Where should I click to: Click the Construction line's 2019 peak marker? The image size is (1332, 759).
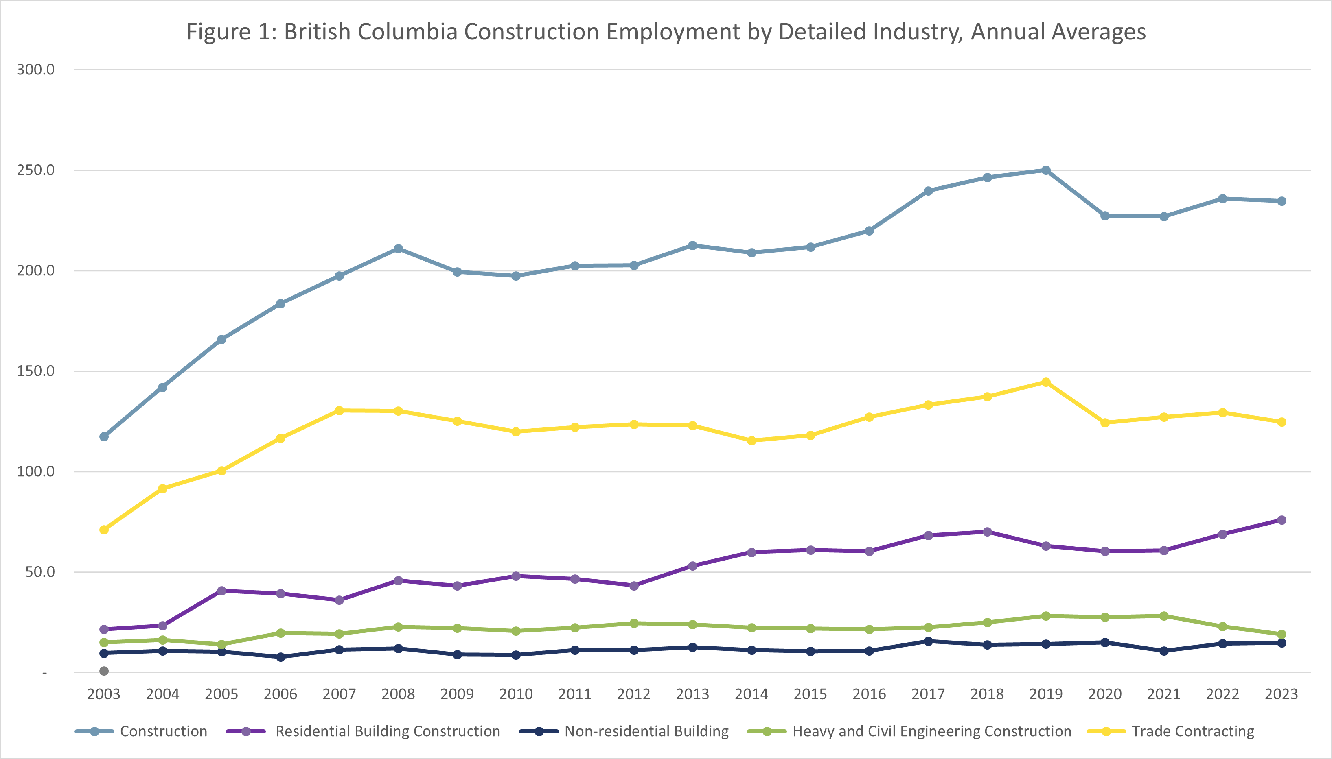tap(1045, 170)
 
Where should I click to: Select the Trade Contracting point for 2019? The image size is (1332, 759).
tap(1045, 382)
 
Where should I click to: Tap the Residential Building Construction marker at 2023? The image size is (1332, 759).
tap(1282, 520)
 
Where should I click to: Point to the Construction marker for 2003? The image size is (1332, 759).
tap(104, 437)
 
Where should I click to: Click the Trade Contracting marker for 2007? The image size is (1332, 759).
tap(339, 411)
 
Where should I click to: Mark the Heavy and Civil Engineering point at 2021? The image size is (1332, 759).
tap(1163, 616)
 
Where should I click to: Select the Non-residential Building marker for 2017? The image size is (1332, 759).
tap(928, 641)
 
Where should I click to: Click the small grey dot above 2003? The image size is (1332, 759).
tap(104, 671)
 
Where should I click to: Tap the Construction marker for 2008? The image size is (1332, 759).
tap(398, 249)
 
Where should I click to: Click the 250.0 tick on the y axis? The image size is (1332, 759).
tap(35, 170)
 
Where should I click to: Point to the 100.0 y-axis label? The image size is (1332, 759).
tap(35, 472)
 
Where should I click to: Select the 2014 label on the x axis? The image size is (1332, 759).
tap(751, 694)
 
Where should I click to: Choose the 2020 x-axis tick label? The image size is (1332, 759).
tap(1104, 694)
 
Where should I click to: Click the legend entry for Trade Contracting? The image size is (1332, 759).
tap(1193, 731)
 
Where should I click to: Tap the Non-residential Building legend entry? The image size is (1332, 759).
tap(646, 731)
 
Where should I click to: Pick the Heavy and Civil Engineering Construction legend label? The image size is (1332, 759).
tap(932, 731)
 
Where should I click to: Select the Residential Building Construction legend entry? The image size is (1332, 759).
tap(388, 731)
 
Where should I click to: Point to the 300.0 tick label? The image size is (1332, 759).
tap(35, 70)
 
